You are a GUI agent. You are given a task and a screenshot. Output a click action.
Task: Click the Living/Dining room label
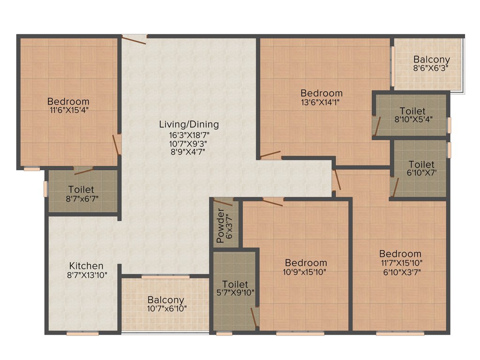[189, 125]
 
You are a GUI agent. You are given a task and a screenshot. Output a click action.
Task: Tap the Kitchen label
[86, 266]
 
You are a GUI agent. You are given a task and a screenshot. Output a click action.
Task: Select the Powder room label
[220, 229]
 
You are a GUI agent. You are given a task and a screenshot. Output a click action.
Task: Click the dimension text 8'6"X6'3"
[431, 68]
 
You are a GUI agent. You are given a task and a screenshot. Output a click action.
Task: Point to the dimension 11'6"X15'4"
[68, 110]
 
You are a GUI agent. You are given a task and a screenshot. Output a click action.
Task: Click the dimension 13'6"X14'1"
[322, 102]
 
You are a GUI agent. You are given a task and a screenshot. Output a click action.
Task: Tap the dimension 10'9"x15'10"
[306, 271]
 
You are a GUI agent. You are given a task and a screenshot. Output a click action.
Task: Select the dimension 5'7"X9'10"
[235, 293]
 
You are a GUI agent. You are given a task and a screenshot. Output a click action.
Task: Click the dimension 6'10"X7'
[421, 173]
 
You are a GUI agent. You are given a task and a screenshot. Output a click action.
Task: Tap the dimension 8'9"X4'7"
[189, 151]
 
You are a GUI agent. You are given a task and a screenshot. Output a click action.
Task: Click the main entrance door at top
[134, 39]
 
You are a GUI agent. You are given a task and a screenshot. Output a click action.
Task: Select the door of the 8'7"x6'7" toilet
[83, 171]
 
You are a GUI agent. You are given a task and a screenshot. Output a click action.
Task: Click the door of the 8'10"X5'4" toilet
[376, 127]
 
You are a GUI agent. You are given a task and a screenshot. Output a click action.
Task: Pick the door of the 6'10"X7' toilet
[395, 187]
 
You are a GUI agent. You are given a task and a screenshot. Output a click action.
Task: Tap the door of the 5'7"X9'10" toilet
[255, 318]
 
